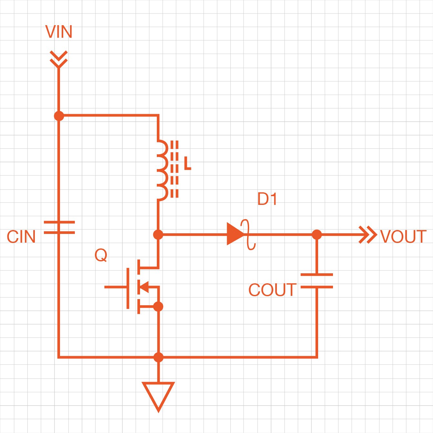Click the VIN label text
coord(59,32)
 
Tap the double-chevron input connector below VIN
coord(59,59)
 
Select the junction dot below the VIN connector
coord(59,116)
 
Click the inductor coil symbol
coord(162,170)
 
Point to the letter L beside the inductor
coord(187,164)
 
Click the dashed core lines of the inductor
coord(174,169)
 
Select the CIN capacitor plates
coord(59,227)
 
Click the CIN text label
coord(21,237)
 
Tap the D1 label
coord(267,199)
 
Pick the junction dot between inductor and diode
coord(158,235)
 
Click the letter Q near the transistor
coord(101,255)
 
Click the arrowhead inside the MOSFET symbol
coord(144,286)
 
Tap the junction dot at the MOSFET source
coord(158,307)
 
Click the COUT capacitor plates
coord(317,281)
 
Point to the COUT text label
coord(272,290)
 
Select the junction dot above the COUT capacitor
coord(317,235)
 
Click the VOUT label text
coord(403,237)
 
